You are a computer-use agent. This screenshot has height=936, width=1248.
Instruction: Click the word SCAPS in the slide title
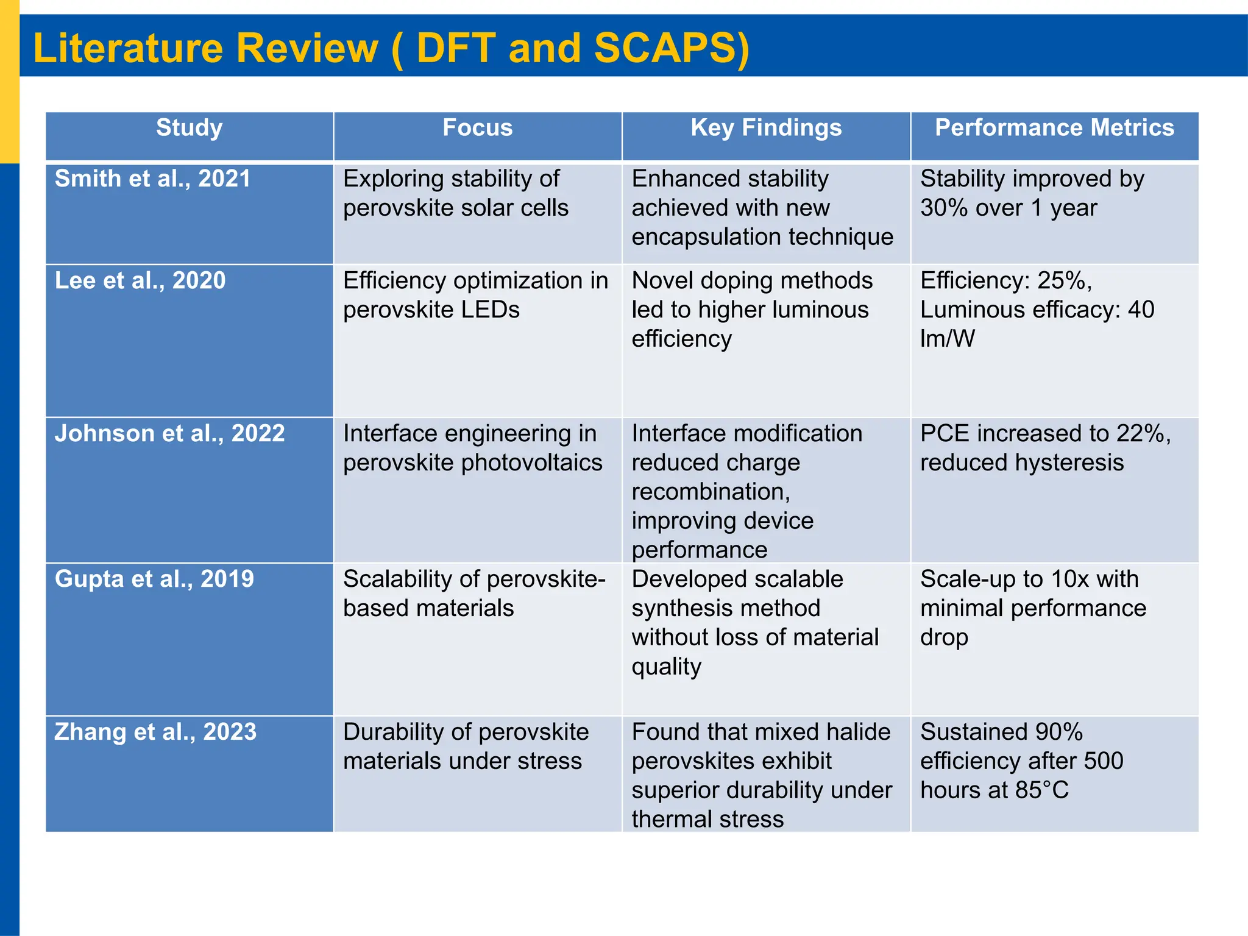665,48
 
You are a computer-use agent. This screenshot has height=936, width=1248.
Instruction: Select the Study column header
189,128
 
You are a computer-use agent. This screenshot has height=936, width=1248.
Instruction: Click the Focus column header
477,128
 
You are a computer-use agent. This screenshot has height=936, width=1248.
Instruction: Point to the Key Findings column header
766,128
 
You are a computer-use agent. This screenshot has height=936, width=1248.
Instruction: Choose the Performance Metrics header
1054,128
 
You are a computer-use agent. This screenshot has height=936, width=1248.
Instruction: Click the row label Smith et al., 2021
152,179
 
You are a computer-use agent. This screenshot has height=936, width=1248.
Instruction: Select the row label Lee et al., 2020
140,280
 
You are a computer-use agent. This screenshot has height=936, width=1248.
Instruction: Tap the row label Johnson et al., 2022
169,433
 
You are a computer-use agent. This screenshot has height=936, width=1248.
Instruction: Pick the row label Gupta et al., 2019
154,579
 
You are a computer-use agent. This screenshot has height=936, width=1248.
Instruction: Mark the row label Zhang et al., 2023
155,732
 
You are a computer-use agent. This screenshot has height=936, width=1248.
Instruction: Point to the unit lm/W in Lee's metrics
947,339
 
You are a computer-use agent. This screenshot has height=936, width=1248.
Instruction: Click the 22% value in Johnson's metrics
1140,433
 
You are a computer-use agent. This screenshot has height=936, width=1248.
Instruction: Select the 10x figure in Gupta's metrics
1066,579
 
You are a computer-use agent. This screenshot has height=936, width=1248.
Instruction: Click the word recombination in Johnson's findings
710,492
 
